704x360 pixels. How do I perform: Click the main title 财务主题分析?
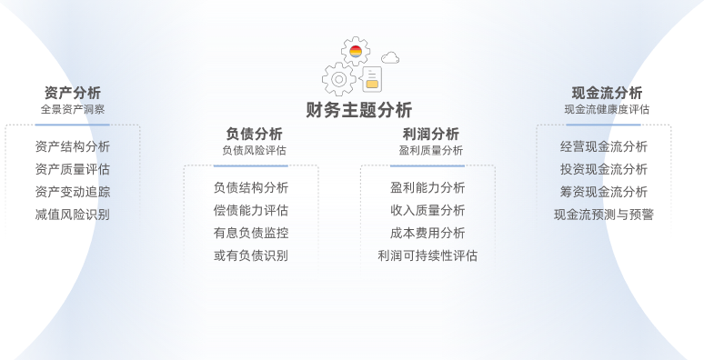pos(359,110)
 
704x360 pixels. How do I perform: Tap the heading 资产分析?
pos(72,93)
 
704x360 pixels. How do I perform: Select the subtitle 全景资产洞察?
pos(72,109)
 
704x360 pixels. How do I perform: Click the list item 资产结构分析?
pos(72,146)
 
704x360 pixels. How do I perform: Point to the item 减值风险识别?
pos(72,215)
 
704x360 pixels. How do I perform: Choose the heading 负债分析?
pos(254,134)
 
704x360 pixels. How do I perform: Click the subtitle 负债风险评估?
pos(254,150)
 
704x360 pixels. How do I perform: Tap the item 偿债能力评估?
pos(251,210)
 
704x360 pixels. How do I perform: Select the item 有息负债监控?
pos(251,233)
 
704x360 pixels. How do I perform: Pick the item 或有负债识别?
pos(251,255)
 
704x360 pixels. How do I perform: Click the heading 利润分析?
pos(430,134)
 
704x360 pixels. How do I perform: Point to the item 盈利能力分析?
pos(427,187)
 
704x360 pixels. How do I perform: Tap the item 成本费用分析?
pos(427,233)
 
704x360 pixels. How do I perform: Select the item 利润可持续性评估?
pos(427,255)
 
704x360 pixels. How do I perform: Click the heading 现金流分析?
pos(607,93)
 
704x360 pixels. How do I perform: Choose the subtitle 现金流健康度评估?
pos(607,109)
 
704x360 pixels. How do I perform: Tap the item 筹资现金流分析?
pos(604,192)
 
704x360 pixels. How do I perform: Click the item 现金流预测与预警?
pos(604,215)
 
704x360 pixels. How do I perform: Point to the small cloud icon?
pos(390,58)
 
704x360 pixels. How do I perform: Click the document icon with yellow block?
pos(371,79)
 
